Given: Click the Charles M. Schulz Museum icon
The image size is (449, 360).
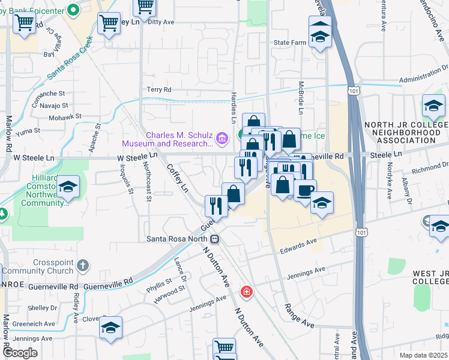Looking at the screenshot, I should (222, 139).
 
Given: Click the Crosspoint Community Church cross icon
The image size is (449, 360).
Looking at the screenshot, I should (84, 265).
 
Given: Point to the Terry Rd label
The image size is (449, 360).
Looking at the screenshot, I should (159, 90).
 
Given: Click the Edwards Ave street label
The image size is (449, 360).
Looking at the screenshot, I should (298, 243).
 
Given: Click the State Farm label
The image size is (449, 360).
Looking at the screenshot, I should (290, 43).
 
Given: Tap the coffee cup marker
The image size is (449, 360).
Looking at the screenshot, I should (306, 191).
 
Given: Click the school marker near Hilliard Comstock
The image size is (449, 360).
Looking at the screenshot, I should (69, 187).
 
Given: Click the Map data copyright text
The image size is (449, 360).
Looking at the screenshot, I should (424, 355).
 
